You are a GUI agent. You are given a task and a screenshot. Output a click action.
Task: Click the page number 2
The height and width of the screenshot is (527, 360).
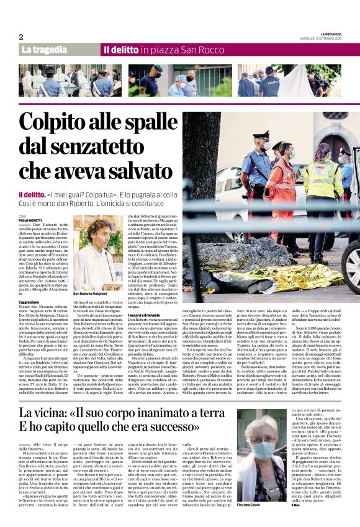[x=21, y=37]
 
